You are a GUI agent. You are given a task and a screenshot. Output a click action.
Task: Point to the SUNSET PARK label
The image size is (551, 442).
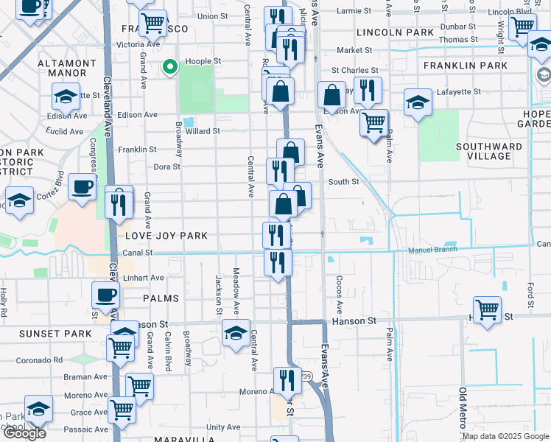pyautogui.click(x=55, y=334)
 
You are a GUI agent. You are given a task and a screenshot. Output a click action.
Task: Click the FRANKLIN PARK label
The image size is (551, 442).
pyautogui.click(x=465, y=66)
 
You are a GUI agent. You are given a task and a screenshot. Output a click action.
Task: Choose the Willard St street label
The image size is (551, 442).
pyautogui.click(x=203, y=131)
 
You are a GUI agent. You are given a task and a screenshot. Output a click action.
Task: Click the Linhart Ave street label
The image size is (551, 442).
pyautogui.click(x=144, y=278)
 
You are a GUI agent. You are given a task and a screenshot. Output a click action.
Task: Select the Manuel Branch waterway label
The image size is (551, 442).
pyautogui.click(x=433, y=250)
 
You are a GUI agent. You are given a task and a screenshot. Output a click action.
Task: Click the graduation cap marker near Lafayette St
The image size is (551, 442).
pyautogui.click(x=418, y=102)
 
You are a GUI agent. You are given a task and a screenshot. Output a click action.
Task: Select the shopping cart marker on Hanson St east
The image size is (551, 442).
pyautogui.click(x=487, y=309)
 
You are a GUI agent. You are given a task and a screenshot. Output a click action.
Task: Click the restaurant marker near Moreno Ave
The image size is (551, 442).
pyautogui.click(x=287, y=379)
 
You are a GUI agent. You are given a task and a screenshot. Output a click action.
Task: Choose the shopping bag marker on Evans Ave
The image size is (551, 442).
pyautogui.click(x=332, y=95)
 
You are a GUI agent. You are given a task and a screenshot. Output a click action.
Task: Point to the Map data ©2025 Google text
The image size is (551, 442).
pyautogui.click(x=505, y=436)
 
